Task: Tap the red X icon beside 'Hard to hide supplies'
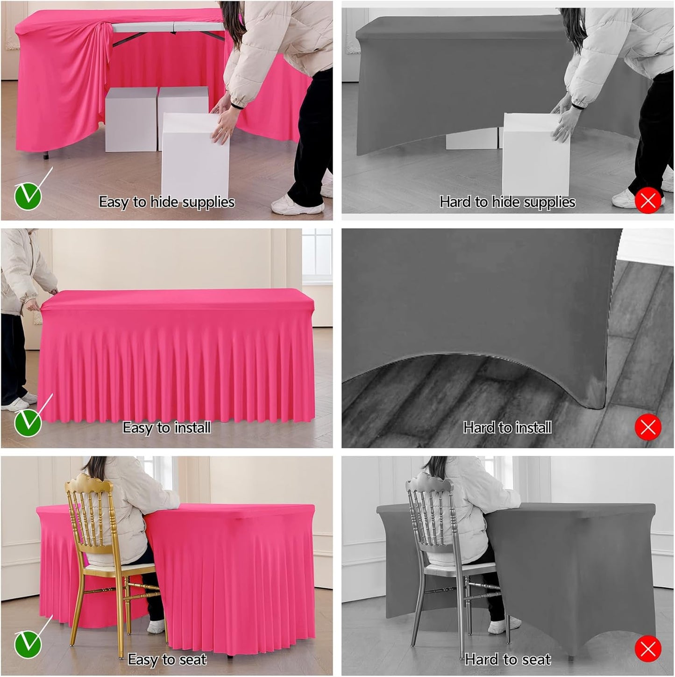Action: (648, 201)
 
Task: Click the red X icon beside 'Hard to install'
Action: (648, 427)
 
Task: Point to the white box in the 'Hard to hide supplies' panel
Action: (535, 154)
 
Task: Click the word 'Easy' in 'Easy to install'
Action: (138, 427)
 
